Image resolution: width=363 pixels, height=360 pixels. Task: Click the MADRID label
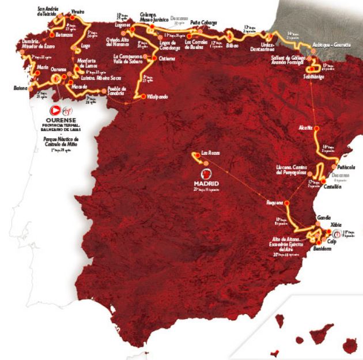(x=205, y=184)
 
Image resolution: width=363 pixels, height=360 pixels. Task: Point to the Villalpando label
(x=156, y=97)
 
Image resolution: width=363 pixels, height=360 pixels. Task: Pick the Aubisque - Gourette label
(x=331, y=44)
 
